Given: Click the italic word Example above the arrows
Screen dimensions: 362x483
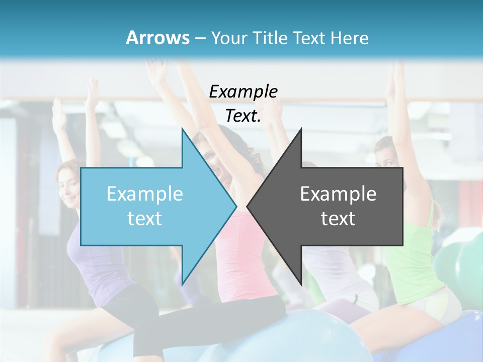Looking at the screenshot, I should (243, 92).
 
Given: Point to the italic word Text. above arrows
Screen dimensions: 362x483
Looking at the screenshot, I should (243, 116).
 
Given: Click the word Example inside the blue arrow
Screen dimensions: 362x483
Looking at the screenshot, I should (144, 194).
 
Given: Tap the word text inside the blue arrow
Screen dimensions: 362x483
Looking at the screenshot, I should (144, 218).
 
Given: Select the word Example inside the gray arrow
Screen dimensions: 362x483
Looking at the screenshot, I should (338, 194).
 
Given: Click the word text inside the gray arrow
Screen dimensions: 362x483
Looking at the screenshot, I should (338, 218).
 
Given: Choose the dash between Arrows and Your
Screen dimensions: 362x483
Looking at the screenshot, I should (199, 38).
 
